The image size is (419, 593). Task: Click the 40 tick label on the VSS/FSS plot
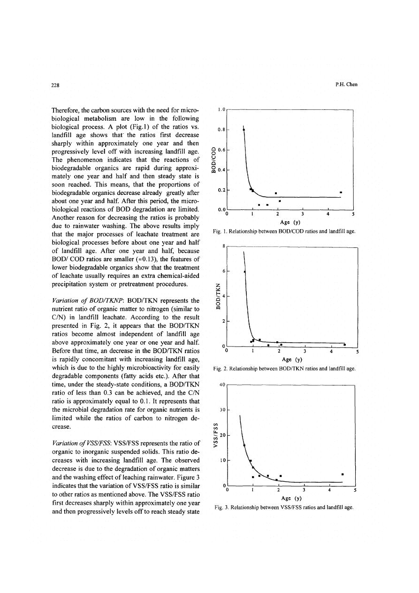(223, 385)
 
